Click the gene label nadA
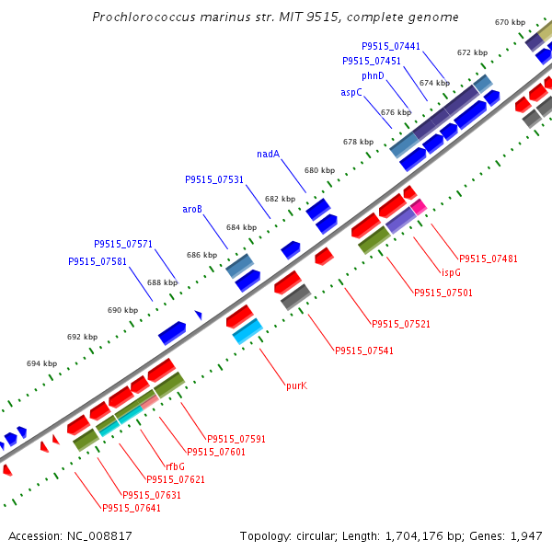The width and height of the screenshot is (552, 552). [268, 154]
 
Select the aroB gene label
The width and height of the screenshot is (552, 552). [192, 209]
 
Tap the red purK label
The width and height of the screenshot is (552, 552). [296, 385]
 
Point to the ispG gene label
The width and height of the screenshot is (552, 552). [451, 272]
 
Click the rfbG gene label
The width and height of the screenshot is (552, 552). [175, 466]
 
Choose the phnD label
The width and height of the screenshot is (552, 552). [373, 75]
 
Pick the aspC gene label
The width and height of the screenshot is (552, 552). [351, 92]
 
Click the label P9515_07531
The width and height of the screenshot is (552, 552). [214, 180]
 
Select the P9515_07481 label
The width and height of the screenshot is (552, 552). [489, 259]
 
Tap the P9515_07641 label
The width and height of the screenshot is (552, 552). [132, 508]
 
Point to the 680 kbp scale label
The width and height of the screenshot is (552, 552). [319, 170]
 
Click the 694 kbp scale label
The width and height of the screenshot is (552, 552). [42, 363]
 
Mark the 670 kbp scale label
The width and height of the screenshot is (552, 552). [510, 22]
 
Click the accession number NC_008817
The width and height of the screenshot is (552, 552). [99, 536]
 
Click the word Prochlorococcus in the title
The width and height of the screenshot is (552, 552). [144, 17]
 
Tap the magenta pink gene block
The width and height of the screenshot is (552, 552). [419, 207]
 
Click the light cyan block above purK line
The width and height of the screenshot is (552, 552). [247, 331]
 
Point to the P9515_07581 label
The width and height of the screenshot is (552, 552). [98, 261]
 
